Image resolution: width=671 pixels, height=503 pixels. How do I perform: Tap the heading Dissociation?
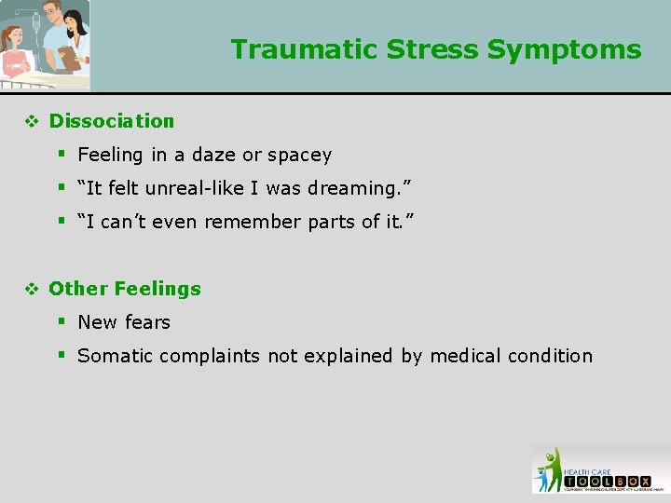point(111,121)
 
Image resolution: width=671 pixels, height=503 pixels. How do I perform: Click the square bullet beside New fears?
point(62,321)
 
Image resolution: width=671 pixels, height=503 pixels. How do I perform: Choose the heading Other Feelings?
point(124,289)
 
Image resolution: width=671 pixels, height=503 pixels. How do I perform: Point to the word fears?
point(148,322)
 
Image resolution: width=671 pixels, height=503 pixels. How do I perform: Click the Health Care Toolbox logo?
point(600,469)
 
